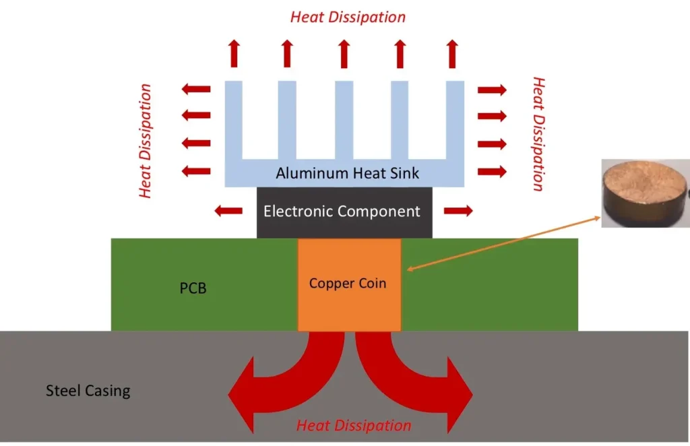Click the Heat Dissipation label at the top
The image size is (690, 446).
coord(348,17)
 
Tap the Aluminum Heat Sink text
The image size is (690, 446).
coord(347,173)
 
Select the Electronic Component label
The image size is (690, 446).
coord(342,212)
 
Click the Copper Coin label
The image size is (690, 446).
coord(348,283)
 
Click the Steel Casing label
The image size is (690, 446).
coord(88,390)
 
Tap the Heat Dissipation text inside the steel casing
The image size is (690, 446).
coord(354,426)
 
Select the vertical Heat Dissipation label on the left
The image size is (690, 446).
coord(145,141)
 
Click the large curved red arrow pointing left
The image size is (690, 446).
coord(276,381)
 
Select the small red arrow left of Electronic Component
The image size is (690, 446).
coord(228,211)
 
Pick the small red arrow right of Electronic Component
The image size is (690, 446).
coord(459,211)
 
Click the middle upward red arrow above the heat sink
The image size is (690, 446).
coord(343,53)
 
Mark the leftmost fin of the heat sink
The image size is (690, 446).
coord(233,121)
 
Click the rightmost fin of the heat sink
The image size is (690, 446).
coord(456,121)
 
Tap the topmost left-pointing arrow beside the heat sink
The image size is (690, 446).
coord(196,88)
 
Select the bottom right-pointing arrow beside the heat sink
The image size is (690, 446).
coord(492,171)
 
